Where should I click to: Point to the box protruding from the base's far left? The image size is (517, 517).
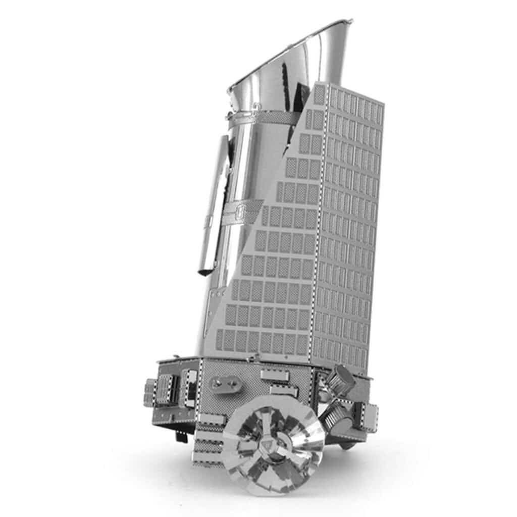point(150,392)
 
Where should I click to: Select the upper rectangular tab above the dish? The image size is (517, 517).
point(275,375)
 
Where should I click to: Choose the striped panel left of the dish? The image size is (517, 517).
point(208,442)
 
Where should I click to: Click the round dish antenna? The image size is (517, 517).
point(273,444)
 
